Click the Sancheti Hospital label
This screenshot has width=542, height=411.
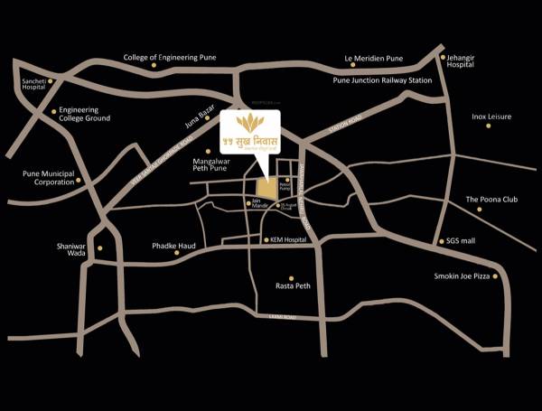pos(33,86)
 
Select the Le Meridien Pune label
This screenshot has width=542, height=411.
pos(373,59)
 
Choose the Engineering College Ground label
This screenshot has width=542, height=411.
pos(85,114)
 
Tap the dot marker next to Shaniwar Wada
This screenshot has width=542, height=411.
pos(100,248)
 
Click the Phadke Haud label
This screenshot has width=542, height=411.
pos(173,246)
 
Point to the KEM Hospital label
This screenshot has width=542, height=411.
pos(289,240)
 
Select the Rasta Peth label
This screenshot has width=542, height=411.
pos(292,285)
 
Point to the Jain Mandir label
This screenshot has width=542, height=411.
pos(256,202)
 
